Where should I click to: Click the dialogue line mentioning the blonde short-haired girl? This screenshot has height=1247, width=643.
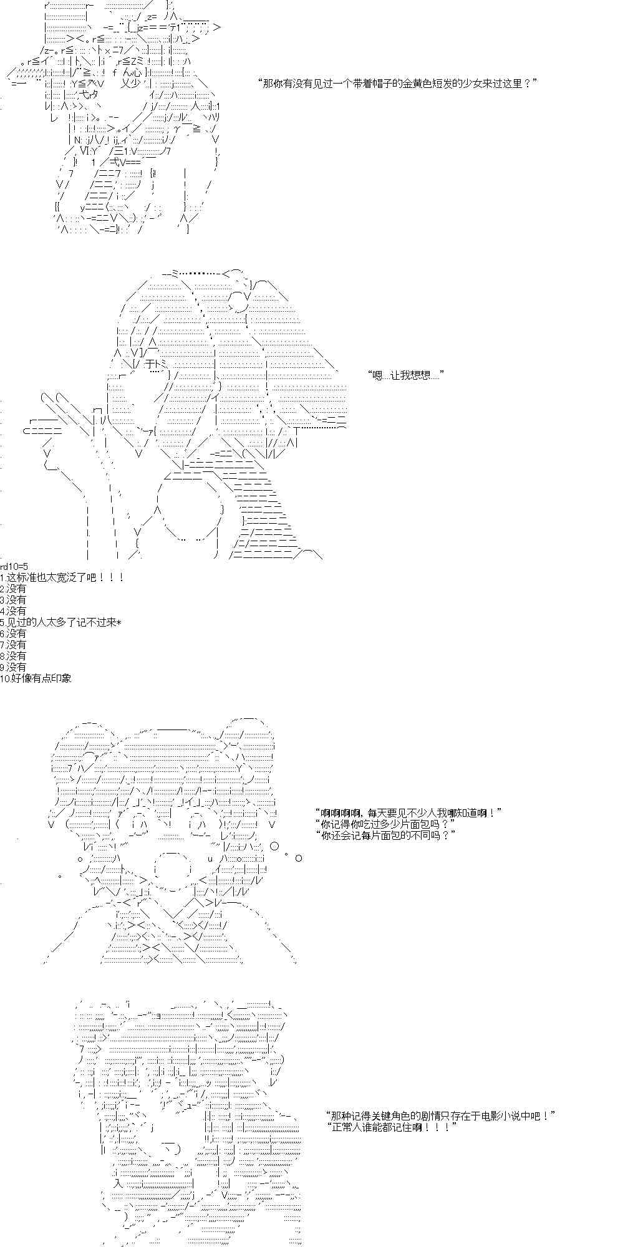tap(397, 84)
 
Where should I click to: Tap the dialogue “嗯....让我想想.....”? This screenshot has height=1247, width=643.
tap(406, 375)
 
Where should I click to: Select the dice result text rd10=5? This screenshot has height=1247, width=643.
tap(14, 566)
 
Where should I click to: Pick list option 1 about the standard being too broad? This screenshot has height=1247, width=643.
tap(62, 577)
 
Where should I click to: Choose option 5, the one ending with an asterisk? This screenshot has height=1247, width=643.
tap(60, 622)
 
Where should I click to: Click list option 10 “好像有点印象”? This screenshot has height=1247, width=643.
tap(36, 678)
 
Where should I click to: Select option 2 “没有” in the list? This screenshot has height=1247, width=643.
tap(13, 589)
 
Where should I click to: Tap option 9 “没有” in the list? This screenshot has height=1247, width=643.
tap(13, 667)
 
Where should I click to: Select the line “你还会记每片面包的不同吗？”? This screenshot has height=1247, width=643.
tap(385, 835)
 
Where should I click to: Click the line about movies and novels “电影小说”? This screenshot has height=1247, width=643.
tap(440, 1116)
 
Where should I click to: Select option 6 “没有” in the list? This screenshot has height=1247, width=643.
tap(13, 633)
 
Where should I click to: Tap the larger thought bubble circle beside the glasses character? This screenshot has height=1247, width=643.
tap(274, 846)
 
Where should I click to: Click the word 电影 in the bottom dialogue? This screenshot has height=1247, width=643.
tap(481, 1116)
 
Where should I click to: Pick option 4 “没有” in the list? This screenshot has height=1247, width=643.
tap(13, 611)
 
